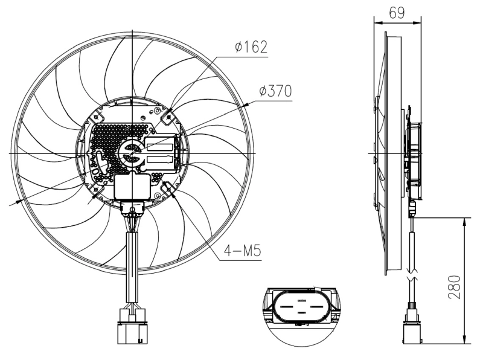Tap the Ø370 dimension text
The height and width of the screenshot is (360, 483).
pos(275,91)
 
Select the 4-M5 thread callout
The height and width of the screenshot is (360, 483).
pos(244,251)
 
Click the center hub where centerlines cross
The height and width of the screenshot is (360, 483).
pos(132,153)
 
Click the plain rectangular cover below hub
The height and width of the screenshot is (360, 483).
pos(132,186)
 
